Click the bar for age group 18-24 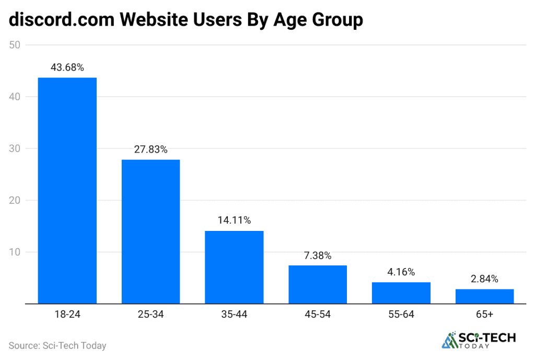click(x=67, y=190)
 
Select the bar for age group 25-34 click(x=150, y=231)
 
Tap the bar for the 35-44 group click(x=234, y=267)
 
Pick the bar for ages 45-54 click(x=317, y=284)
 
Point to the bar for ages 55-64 click(x=401, y=293)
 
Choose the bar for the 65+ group click(x=484, y=296)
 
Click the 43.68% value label click(x=67, y=67)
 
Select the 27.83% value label click(x=150, y=149)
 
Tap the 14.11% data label click(x=234, y=220)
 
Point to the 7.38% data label click(x=317, y=256)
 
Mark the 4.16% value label click(x=401, y=272)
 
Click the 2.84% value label click(x=484, y=279)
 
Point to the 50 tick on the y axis click(x=15, y=45)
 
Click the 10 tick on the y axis click(x=15, y=252)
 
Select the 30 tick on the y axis click(x=15, y=149)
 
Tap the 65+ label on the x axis click(x=484, y=315)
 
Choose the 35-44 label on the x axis click(x=234, y=315)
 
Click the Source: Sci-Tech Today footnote click(x=57, y=345)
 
